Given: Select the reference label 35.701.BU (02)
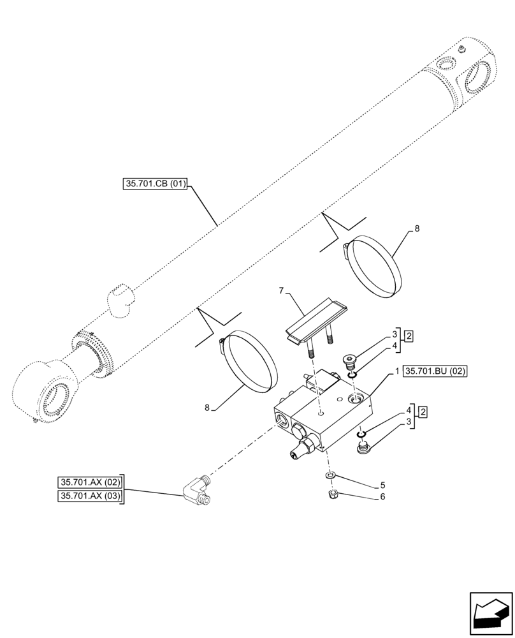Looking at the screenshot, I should (x=435, y=371).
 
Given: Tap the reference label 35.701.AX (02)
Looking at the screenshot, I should (x=91, y=482).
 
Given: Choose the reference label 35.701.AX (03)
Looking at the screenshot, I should (x=91, y=496).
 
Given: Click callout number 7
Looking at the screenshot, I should (x=280, y=290).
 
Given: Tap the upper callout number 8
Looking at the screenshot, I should (x=417, y=228).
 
